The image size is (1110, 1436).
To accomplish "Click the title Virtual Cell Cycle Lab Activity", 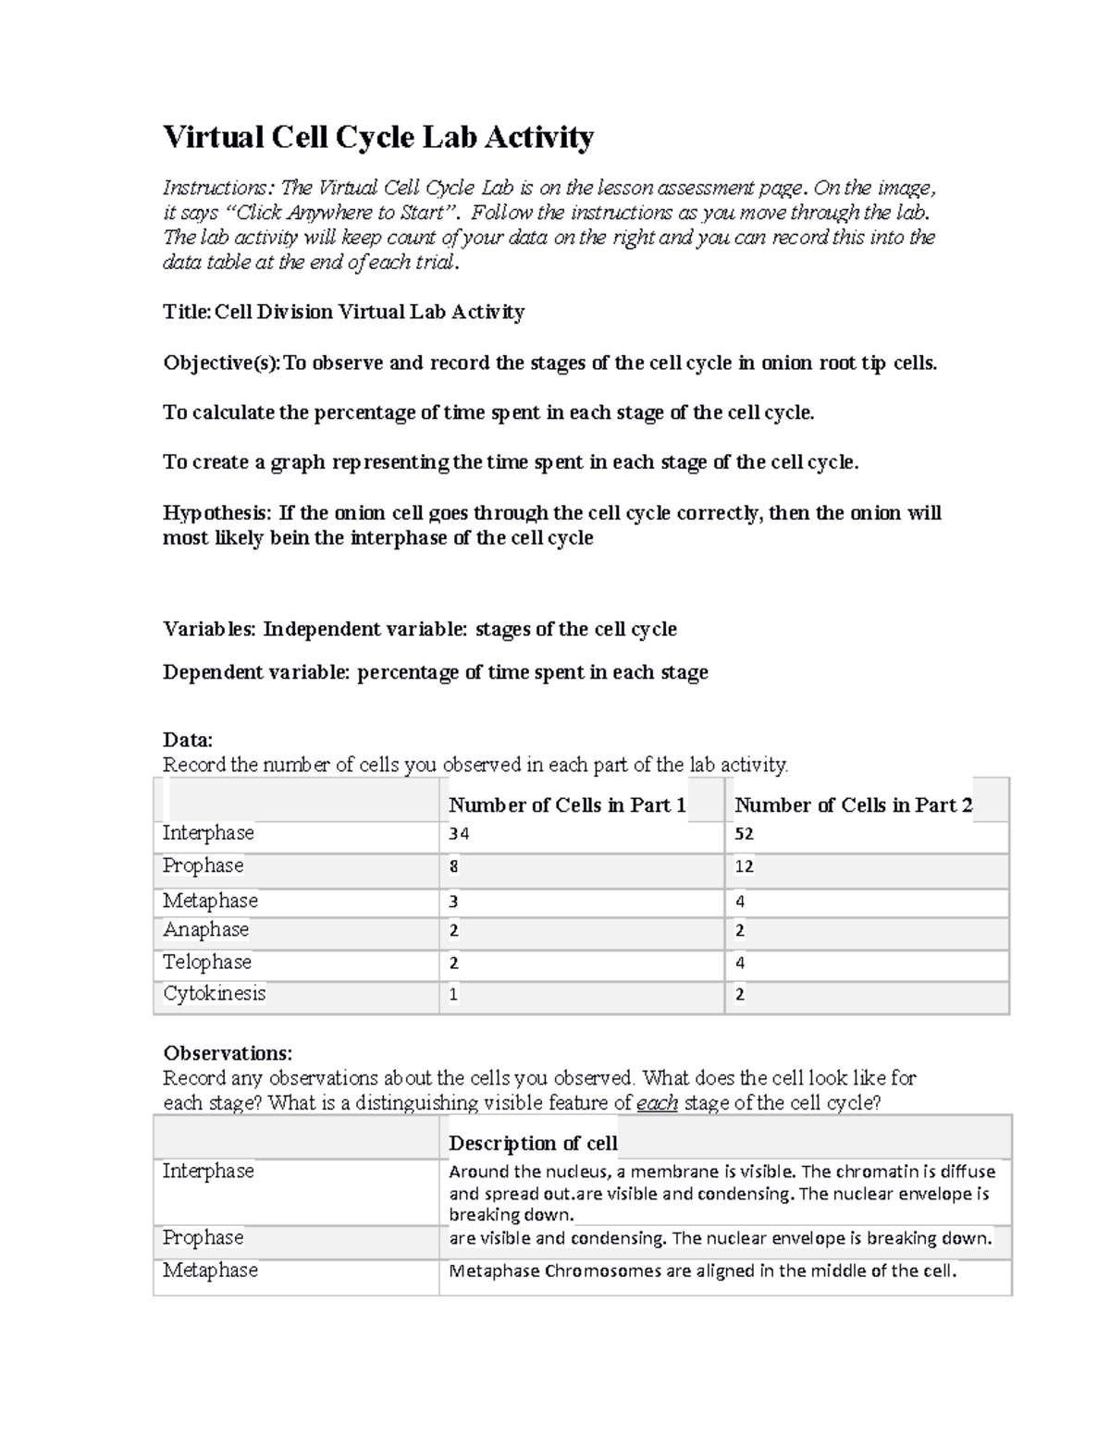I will point(378,137).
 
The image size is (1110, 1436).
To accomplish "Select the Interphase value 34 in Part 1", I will point(459,833).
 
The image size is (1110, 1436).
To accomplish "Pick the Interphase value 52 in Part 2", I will point(745,833).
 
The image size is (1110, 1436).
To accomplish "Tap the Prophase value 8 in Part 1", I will point(453,866).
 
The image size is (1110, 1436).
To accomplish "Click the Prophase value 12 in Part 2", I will point(745,866).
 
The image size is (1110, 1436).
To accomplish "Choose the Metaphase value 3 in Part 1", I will point(453,902).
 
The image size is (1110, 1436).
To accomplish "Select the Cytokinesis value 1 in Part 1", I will point(453,995).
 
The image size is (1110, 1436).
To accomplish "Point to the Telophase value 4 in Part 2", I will point(740,963).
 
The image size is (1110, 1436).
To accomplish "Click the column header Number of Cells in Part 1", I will point(567,805).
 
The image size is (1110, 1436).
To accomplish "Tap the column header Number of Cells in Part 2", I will point(853,805).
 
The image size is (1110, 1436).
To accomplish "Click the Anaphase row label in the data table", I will point(205,929).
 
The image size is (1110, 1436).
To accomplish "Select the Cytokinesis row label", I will point(214,994).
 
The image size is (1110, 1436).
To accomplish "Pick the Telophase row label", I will point(207,962).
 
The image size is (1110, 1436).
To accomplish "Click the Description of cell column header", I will point(533,1143).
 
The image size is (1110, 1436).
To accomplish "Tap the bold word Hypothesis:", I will point(218,513).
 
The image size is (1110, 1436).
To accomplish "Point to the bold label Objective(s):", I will point(222,362).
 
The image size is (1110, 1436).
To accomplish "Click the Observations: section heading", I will point(228,1053).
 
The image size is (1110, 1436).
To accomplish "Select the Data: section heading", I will point(188,740).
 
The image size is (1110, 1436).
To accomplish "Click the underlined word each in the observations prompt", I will point(658,1103).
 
